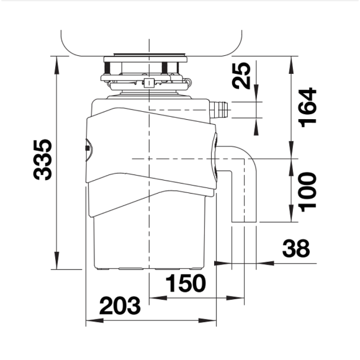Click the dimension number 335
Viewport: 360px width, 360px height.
click(x=43, y=160)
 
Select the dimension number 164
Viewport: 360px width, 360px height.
click(x=308, y=107)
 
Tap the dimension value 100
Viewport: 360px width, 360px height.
click(x=308, y=192)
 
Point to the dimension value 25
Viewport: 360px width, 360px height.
click(x=241, y=76)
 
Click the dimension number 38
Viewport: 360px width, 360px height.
click(x=296, y=248)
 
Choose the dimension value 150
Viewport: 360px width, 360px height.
click(x=186, y=283)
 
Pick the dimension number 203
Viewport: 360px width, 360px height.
click(x=120, y=305)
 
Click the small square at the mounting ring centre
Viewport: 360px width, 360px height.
click(x=149, y=83)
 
